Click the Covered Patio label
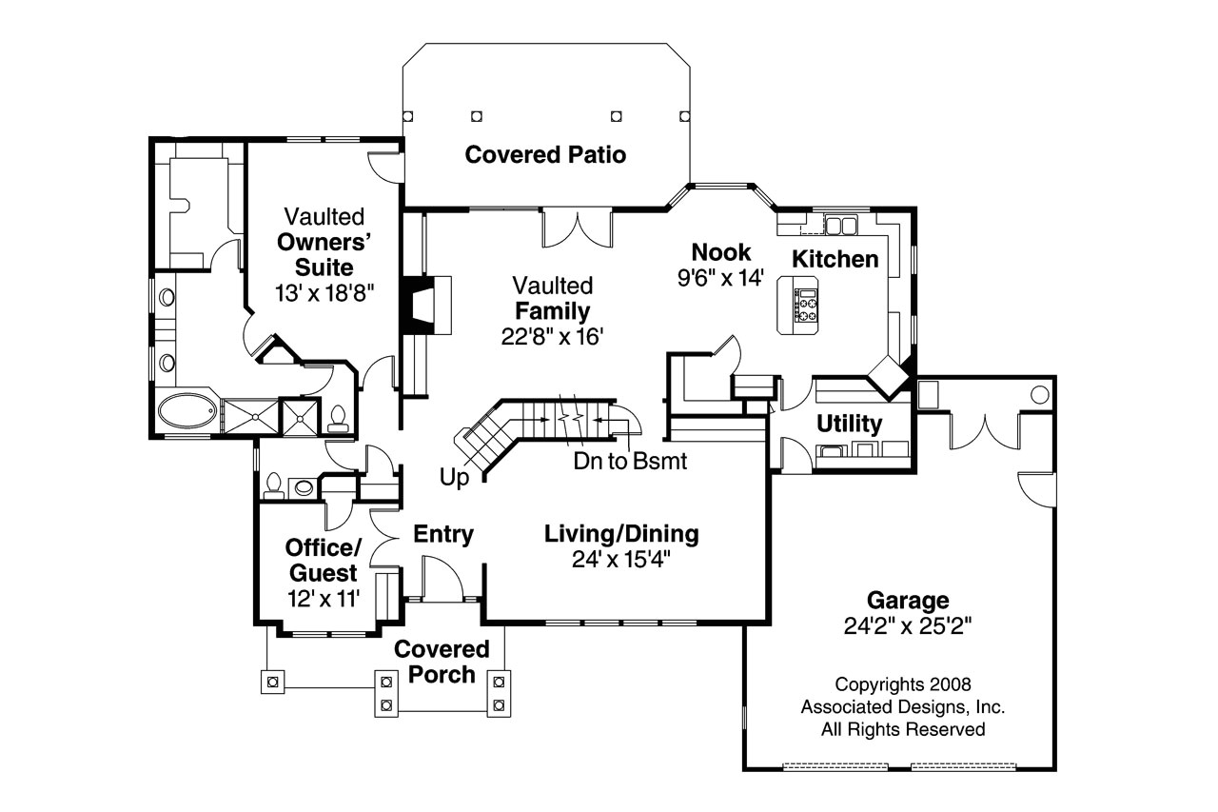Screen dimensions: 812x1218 pyautogui.click(x=545, y=154)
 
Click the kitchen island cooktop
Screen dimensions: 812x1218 pyautogui.click(x=806, y=305)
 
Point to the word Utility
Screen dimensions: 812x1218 pyautogui.click(x=850, y=424)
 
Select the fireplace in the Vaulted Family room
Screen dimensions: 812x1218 pyautogui.click(x=419, y=304)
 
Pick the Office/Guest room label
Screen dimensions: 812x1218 pyautogui.click(x=323, y=561)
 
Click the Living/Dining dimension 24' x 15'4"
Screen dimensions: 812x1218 pyautogui.click(x=620, y=560)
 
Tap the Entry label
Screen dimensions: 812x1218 pyautogui.click(x=443, y=535)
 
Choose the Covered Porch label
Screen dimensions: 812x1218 pyautogui.click(x=442, y=662)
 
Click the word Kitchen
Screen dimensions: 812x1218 pyautogui.click(x=835, y=259)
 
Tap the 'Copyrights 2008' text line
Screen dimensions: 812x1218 pyautogui.click(x=902, y=683)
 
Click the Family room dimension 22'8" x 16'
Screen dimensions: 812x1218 pyautogui.click(x=552, y=336)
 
